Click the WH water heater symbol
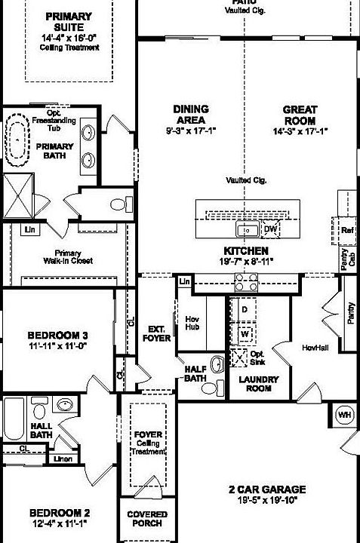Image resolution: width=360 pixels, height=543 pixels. click(x=344, y=415)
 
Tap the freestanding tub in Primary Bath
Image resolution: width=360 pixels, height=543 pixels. click(x=16, y=142)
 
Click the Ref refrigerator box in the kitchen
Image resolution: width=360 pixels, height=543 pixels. click(x=347, y=229)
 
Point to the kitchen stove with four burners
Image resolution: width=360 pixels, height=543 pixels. click(x=247, y=283)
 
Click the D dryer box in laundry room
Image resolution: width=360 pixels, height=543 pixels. click(x=245, y=310)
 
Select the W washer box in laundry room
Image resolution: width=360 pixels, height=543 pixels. click(x=245, y=333)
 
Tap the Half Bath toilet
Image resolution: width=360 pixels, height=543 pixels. click(x=217, y=365)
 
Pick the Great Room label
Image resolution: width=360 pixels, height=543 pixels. click(x=300, y=115)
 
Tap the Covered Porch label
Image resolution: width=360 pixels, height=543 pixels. click(x=147, y=520)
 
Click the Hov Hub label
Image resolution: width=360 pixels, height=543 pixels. click(x=192, y=324)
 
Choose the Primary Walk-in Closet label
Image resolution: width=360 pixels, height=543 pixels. click(x=67, y=257)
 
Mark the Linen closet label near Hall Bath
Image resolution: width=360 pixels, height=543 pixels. click(x=63, y=459)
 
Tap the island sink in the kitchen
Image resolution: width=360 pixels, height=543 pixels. click(x=247, y=229)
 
